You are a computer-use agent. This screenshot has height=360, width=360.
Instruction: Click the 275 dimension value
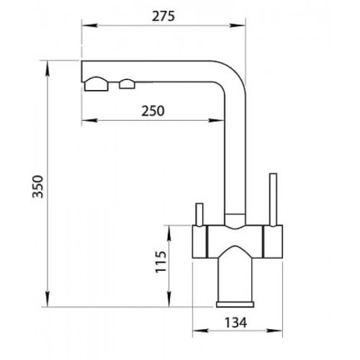pyautogui.click(x=163, y=17)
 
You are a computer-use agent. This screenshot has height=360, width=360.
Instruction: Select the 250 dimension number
pyautogui.click(x=153, y=111)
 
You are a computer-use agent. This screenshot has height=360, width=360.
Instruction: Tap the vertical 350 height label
pyautogui.click(x=38, y=186)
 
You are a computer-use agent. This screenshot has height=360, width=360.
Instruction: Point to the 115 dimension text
pyautogui.click(x=161, y=261)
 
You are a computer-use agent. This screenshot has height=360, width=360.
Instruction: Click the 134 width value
pyautogui.click(x=235, y=323)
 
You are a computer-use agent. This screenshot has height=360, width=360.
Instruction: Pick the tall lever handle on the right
pyautogui.click(x=273, y=199)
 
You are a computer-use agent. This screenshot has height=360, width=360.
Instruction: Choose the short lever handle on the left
pyautogui.click(x=199, y=215)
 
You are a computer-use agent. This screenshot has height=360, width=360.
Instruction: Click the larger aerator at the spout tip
pyautogui.click(x=96, y=84)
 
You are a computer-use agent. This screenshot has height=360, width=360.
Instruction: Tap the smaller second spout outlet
pyautogui.click(x=127, y=84)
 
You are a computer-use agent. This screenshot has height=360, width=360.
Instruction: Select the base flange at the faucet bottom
pyautogui.click(x=235, y=305)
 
